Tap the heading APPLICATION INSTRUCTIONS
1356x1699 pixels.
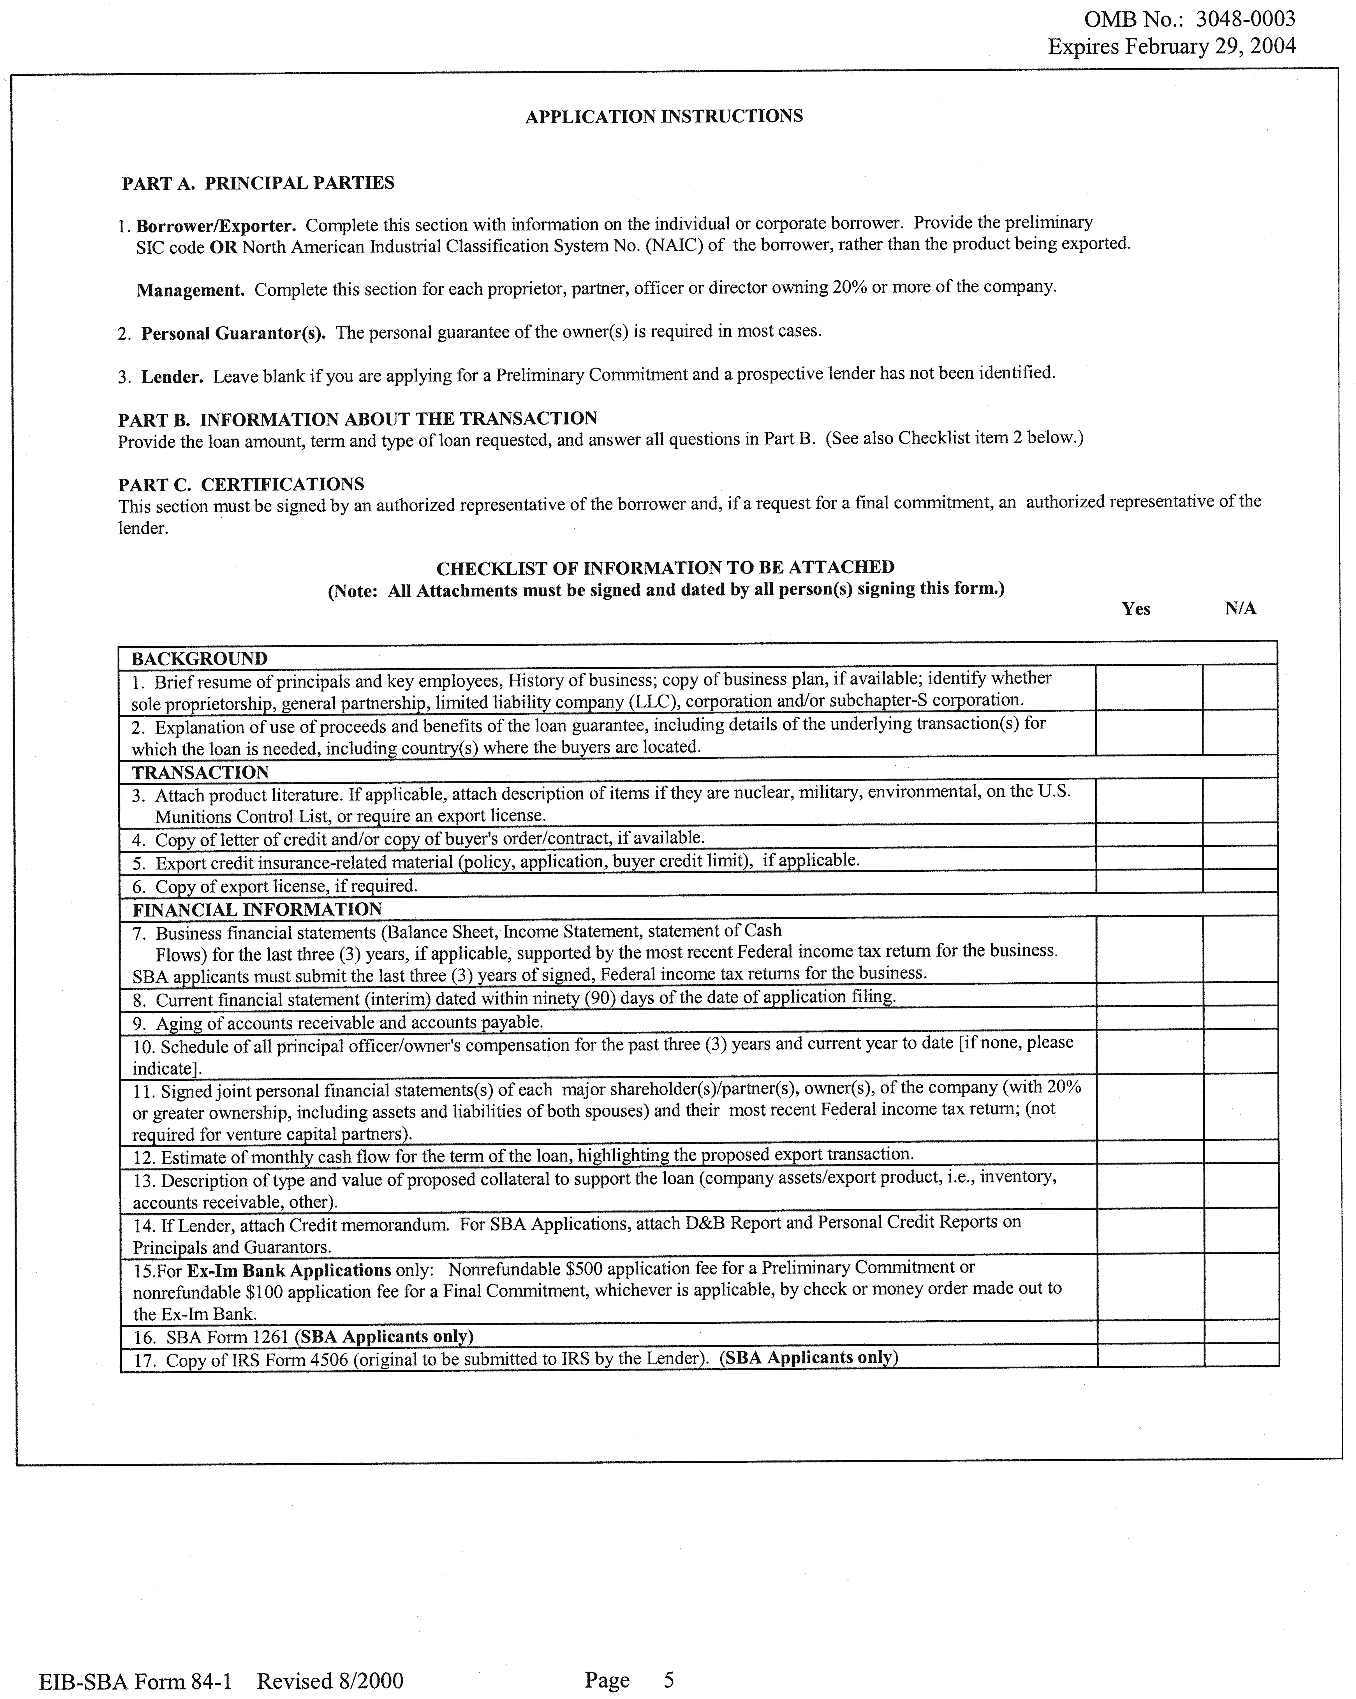pos(664,117)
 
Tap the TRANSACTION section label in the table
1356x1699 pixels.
pos(200,772)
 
